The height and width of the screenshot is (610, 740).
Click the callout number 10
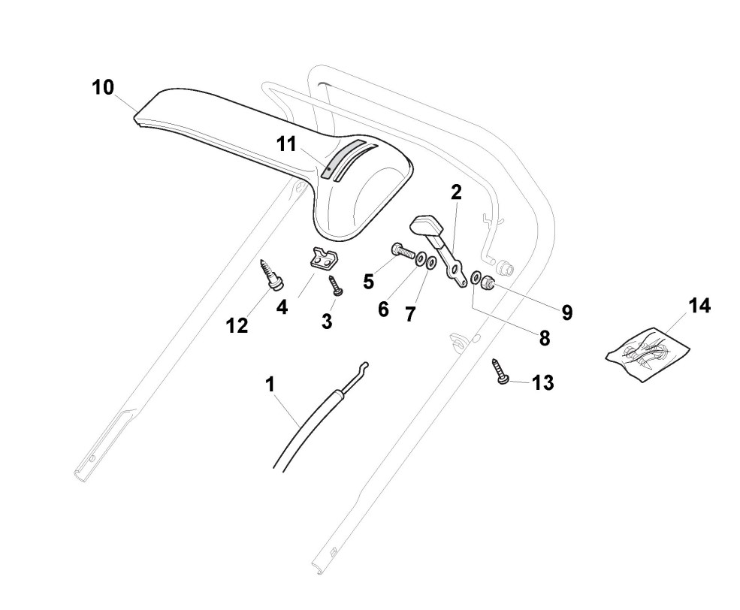tap(103, 88)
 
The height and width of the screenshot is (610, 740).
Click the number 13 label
tap(542, 383)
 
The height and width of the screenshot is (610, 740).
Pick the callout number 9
tap(566, 312)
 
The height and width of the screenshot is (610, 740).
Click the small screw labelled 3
tap(335, 285)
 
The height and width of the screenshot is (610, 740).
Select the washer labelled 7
tap(431, 262)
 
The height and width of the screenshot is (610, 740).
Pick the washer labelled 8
tap(476, 279)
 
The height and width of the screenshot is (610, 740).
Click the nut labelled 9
tap(488, 282)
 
